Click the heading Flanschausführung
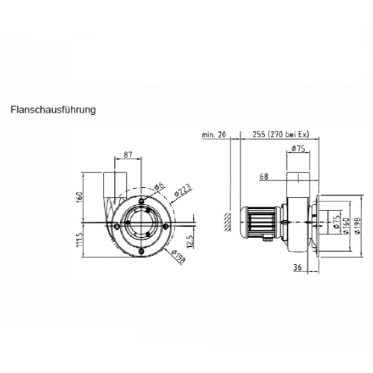pos(53,110)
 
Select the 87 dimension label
pos(128,154)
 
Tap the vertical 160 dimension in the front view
pos(80,197)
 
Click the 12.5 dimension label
pos(189,242)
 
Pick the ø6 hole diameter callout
pos(159,186)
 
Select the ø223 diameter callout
pos(183,190)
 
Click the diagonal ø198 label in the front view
pos(178,256)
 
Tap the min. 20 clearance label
pos(214,135)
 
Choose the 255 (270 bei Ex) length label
pos(280,134)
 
